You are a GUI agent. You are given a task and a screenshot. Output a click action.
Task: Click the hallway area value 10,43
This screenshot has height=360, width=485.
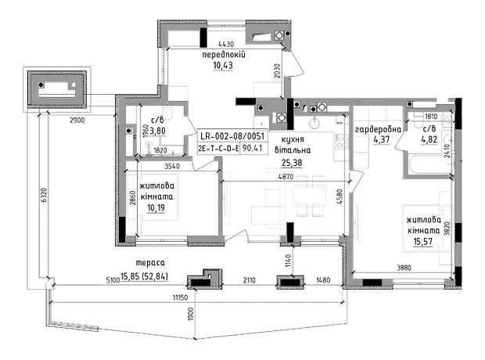click(223, 66)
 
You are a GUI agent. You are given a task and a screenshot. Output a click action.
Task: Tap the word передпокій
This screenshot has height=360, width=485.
click(224, 55)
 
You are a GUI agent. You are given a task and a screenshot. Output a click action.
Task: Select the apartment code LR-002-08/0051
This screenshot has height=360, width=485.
click(232, 136)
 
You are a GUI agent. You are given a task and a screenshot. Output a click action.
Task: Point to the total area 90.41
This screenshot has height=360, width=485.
click(252, 148)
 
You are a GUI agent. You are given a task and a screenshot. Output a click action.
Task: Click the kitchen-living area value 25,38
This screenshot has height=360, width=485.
click(292, 163)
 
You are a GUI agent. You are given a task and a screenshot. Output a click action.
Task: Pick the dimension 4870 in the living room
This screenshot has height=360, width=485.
click(286, 177)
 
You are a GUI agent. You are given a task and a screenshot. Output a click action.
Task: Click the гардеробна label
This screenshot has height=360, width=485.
click(378, 130)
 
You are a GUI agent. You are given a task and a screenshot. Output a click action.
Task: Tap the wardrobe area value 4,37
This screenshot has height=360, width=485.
click(382, 139)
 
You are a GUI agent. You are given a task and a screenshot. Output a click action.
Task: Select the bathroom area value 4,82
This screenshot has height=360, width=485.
click(429, 139)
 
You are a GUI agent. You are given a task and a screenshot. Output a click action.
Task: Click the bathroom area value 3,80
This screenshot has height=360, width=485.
click(157, 131)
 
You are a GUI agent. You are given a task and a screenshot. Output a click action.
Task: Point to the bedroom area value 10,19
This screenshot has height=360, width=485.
click(156, 207)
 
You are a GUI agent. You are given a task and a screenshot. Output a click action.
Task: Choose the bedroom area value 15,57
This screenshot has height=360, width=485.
click(423, 242)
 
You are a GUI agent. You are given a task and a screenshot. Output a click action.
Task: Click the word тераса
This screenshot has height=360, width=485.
click(150, 263)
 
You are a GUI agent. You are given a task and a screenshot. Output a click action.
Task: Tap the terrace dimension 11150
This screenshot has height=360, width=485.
click(181, 297)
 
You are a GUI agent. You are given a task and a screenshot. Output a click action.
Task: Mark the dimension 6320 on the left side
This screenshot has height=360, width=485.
click(44, 196)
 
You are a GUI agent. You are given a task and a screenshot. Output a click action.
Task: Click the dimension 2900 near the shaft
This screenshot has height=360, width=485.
click(77, 121)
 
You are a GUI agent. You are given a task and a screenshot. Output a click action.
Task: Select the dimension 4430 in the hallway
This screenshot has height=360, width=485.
click(226, 45)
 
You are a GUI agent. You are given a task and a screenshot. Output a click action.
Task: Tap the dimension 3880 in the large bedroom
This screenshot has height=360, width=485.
click(404, 267)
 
